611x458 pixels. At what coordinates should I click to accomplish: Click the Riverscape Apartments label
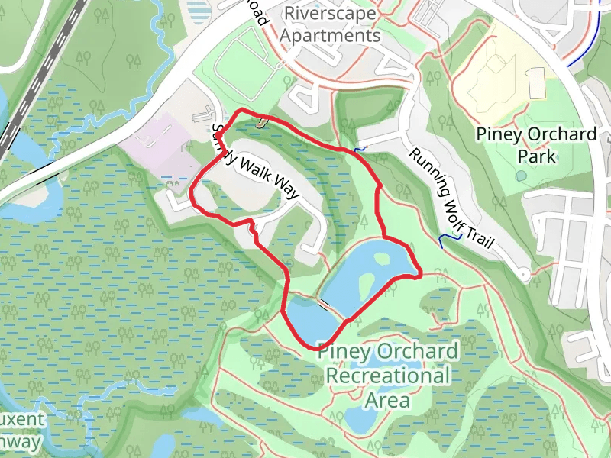click(331, 24)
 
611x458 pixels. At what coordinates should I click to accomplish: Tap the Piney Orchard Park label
click(536, 145)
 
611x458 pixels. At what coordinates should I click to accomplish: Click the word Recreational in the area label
click(387, 376)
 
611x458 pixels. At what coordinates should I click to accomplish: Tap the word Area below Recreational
click(387, 400)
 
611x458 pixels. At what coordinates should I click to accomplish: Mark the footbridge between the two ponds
click(324, 304)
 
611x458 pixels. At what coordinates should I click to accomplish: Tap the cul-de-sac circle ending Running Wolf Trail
click(522, 274)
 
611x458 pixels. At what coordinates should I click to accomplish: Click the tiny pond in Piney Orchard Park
click(521, 176)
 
